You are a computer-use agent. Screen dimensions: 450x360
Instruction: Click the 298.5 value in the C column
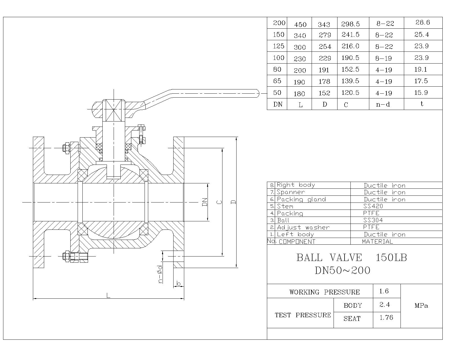(350, 24)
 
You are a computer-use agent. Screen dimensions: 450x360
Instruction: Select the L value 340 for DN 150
(300, 35)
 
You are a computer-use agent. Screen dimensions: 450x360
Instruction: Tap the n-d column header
(383, 104)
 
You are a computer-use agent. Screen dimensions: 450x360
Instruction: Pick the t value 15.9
(421, 93)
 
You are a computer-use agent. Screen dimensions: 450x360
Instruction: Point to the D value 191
(324, 70)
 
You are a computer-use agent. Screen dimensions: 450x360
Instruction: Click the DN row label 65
(277, 81)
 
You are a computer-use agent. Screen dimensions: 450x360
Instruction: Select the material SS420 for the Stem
(373, 206)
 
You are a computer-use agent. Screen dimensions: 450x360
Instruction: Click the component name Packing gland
(301, 199)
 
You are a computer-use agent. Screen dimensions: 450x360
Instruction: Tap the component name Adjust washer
(303, 227)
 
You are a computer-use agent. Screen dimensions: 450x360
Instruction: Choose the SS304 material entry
(373, 220)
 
